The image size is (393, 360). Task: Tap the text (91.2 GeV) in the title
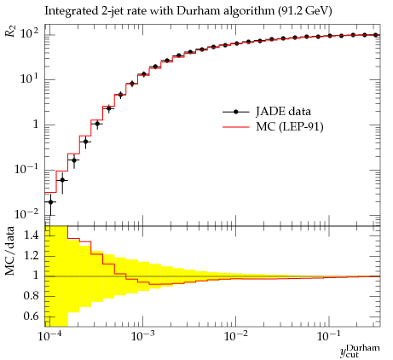[304, 11]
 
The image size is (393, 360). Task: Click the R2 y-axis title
[10, 31]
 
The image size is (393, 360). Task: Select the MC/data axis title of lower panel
[9, 252]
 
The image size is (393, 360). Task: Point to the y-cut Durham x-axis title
[360, 351]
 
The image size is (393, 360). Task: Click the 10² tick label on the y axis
[30, 33]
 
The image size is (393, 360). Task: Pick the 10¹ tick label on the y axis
[30, 78]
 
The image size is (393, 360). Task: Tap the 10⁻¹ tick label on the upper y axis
[26, 169]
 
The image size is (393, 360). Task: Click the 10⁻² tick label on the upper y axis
[26, 214]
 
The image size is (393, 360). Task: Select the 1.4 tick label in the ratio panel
[32, 235]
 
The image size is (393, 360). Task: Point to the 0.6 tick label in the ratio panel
[32, 316]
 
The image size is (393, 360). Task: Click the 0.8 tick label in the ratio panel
[32, 296]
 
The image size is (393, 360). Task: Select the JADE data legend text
[283, 112]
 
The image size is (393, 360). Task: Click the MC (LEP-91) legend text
[290, 126]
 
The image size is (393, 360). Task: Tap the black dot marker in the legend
[235, 112]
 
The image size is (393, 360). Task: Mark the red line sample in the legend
[235, 127]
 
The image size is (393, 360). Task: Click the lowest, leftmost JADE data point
[50, 202]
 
